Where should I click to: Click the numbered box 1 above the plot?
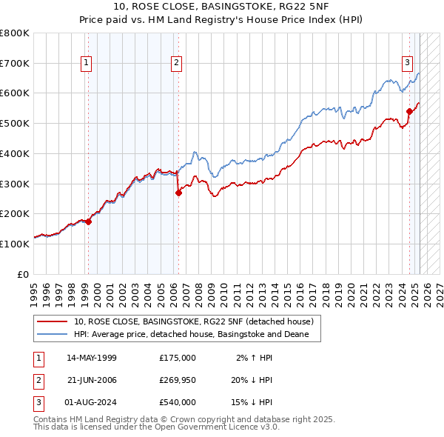point(87,64)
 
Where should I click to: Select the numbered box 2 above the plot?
point(177,64)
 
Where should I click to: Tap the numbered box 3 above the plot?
point(408,64)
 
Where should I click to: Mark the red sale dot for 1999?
point(88,221)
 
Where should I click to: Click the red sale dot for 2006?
point(178,193)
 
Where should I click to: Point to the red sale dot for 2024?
point(409,111)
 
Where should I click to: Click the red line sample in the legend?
point(53,321)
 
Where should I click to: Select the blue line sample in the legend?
point(53,335)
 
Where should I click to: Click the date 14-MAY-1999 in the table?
point(92,358)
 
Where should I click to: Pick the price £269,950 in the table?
point(178,380)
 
